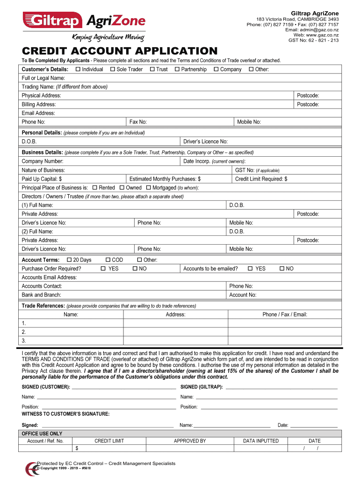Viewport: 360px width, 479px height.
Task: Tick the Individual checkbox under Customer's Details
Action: (78, 69)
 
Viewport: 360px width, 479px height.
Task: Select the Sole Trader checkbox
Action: (113, 69)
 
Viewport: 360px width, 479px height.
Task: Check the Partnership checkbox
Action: (177, 69)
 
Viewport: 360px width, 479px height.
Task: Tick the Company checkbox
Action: (216, 69)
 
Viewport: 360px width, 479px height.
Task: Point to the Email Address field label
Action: (38, 113)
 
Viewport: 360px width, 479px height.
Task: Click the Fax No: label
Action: (138, 122)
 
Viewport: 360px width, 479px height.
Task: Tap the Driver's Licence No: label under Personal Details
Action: (206, 142)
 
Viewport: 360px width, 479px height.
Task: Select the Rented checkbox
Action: (95, 188)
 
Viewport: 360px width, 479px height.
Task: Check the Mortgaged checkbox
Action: (149, 188)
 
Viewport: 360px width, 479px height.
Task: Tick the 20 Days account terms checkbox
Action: (69, 260)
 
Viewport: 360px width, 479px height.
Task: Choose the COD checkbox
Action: (108, 260)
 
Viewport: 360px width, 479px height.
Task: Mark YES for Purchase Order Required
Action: (104, 269)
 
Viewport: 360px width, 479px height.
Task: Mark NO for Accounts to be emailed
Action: (282, 269)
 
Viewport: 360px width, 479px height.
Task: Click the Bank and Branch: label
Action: (42, 295)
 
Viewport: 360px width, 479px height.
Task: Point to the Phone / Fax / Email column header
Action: (285, 314)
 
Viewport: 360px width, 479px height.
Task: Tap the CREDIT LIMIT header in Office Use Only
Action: (109, 441)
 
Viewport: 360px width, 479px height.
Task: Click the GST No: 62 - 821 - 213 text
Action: (314, 40)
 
